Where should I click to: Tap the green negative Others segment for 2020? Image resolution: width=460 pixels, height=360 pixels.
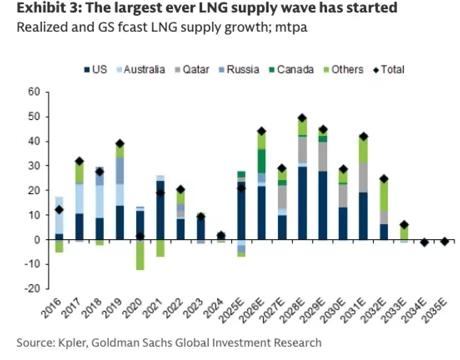coord(140,255)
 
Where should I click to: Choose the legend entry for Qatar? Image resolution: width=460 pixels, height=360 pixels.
coord(194,70)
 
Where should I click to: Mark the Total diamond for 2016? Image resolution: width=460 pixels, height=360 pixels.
coord(60,210)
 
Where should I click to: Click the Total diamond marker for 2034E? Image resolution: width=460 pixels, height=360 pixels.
coord(424,242)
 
